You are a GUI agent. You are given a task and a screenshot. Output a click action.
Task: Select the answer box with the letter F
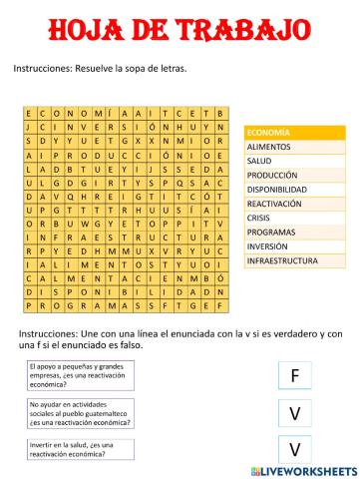(x=295, y=374)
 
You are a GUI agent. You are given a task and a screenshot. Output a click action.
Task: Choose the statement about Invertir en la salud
(x=70, y=449)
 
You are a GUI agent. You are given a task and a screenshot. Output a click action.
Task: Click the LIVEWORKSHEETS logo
(x=309, y=468)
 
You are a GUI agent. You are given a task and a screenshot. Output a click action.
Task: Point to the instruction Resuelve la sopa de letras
(x=100, y=68)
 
